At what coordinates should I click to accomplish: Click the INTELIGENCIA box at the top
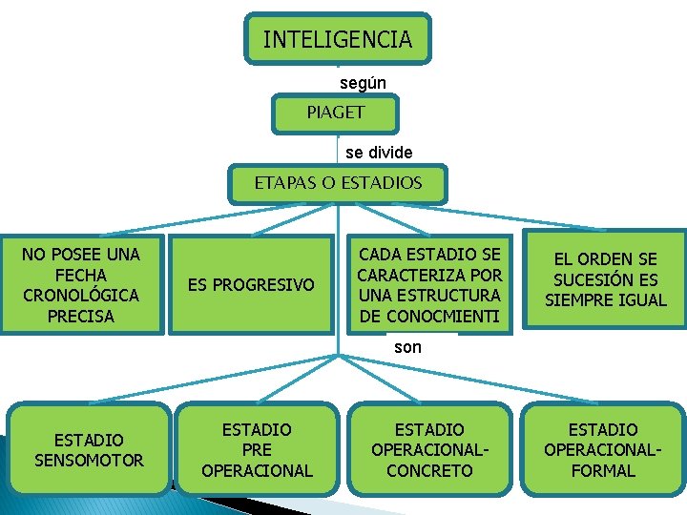337,39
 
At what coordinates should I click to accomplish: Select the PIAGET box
335,113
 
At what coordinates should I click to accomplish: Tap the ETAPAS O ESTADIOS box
338,182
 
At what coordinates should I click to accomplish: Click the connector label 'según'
363,83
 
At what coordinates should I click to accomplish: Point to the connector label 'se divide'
379,153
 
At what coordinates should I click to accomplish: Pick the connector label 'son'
407,347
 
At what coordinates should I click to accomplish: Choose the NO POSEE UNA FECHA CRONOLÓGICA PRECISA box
81,284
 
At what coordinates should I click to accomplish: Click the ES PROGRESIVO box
251,284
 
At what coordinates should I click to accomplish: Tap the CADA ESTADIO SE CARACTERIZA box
428,284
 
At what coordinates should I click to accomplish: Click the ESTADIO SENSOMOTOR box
89,450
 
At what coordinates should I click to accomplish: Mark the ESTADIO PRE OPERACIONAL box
257,450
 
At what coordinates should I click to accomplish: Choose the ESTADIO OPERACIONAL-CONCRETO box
428,450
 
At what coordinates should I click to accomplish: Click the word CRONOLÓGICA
81,295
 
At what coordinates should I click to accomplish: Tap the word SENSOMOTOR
89,461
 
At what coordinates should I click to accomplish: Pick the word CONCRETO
428,470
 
